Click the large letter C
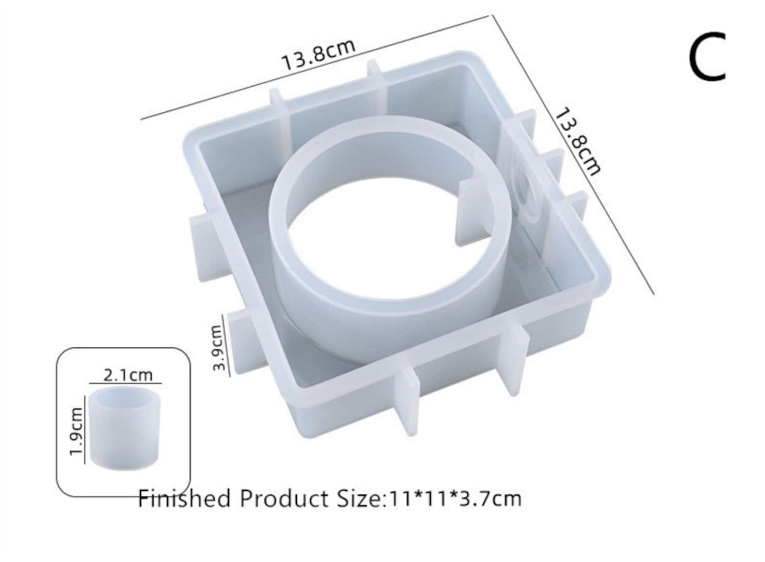706,56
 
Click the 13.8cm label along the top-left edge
318,55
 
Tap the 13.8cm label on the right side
577,142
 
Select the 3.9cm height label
219,347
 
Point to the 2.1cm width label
128,376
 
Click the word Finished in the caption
184,499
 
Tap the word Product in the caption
284,499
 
